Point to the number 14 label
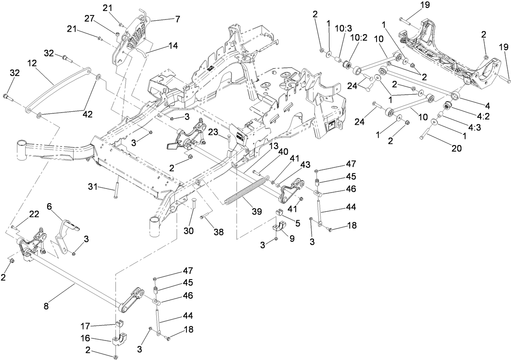[x=173, y=46]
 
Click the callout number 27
[x=89, y=19]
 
